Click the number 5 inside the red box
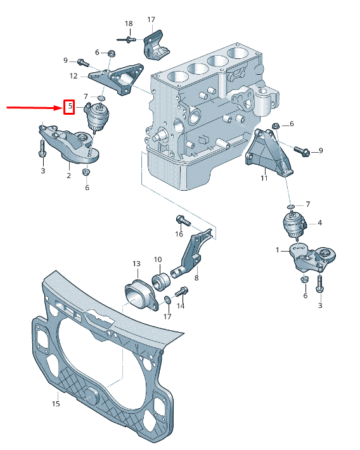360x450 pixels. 70,106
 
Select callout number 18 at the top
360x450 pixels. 129,23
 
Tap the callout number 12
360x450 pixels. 74,76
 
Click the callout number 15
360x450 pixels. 56,404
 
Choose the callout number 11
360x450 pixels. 264,178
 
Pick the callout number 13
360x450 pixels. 137,264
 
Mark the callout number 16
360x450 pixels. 179,234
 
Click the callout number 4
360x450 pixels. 319,222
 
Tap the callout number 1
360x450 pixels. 278,250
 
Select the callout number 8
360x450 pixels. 196,278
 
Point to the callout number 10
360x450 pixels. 158,259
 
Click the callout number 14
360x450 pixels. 181,306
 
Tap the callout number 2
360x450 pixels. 68,175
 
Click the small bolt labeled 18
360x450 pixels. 126,39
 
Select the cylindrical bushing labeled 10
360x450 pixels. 162,280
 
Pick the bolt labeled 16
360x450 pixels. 183,221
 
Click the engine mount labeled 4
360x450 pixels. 295,225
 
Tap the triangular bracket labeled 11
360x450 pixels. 269,152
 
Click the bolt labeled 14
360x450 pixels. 181,291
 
